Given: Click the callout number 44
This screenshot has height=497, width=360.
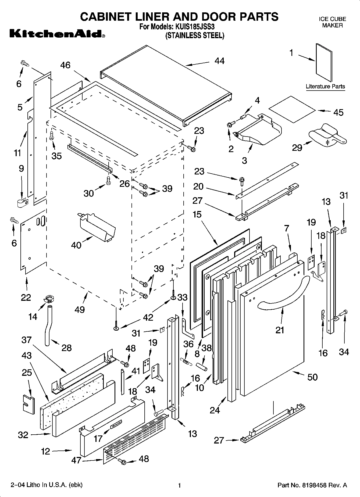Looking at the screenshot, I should [x=219, y=61].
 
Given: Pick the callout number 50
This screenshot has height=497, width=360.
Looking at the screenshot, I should [x=312, y=377].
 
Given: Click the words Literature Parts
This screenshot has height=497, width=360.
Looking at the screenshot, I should [x=325, y=87].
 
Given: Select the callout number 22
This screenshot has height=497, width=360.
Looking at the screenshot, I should [x=26, y=297].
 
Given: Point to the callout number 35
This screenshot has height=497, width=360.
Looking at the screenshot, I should [x=57, y=156].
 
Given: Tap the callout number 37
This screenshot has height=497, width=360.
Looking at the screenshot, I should [x=27, y=340].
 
